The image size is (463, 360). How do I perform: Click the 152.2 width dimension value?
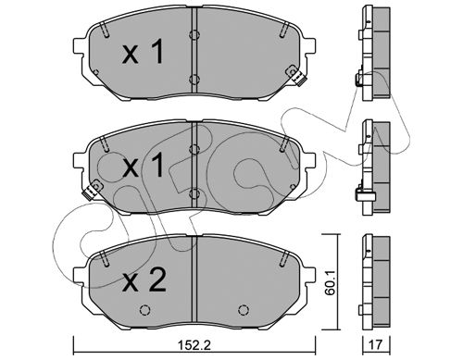click(194, 345)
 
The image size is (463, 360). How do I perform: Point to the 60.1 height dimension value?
click(331, 284)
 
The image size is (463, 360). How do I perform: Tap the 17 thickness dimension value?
click(375, 345)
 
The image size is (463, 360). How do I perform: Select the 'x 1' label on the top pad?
click(143, 53)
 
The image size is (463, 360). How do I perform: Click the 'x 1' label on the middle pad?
click(143, 166)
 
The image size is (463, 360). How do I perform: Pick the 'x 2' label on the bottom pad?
click(144, 280)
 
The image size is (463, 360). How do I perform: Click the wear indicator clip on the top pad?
click(295, 76)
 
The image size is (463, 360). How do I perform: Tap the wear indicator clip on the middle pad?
click(92, 190)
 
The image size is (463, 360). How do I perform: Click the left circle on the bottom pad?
click(144, 310)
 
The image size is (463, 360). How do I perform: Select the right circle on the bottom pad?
click(244, 310)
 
